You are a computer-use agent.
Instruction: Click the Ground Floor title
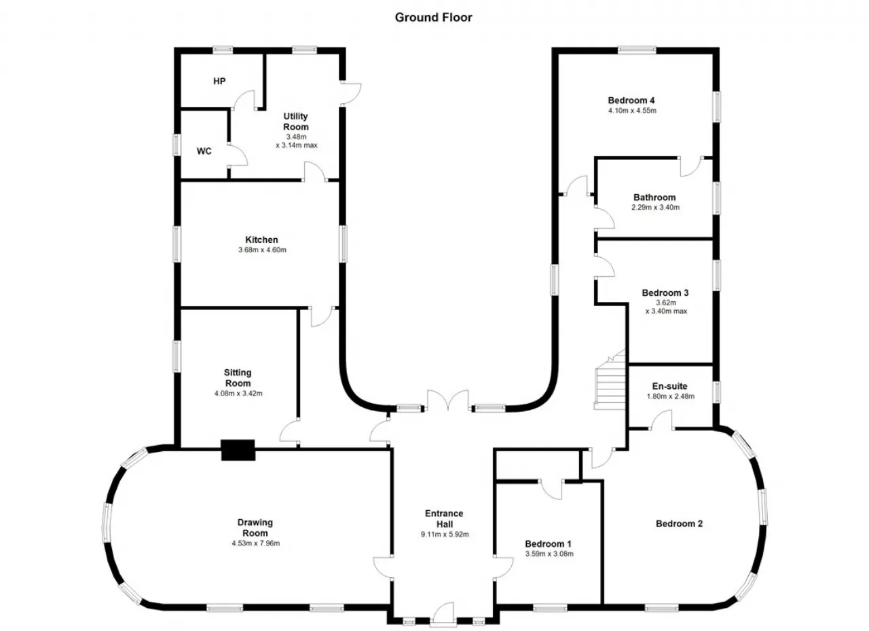pos(433,18)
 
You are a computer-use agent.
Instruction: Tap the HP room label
pos(219,81)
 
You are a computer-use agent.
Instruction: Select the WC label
pos(204,151)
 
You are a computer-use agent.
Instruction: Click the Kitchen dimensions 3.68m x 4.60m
pos(262,250)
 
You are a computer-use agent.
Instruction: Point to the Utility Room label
pos(295,121)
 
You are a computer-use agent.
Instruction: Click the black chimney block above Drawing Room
pos(238,450)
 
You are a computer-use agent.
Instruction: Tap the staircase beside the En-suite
pos(610,379)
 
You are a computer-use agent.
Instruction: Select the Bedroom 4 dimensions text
pos(632,111)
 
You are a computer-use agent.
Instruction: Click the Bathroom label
pos(655,197)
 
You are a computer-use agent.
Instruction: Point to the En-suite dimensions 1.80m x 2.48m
pos(671,396)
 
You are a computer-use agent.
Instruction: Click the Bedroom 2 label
pos(680,524)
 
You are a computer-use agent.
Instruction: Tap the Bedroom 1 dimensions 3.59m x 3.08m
pos(549,554)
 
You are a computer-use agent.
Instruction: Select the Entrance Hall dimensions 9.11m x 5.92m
pos(445,534)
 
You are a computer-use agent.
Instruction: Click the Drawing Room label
pos(255,527)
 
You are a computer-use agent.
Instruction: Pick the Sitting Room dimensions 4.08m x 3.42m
pos(238,394)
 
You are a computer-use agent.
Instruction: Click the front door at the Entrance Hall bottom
pos(443,614)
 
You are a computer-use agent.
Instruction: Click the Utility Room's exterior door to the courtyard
pos(351,94)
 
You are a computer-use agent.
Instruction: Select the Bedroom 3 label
pos(665,292)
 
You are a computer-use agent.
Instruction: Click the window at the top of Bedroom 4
pos(637,50)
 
